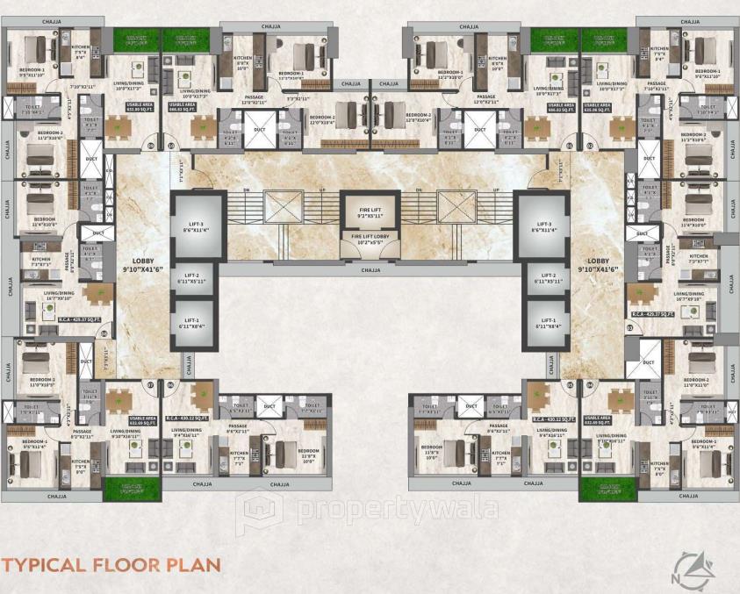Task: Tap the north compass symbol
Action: point(693,566)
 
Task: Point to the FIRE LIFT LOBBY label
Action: point(370,238)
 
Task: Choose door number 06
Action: point(170,384)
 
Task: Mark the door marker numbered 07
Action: point(150,384)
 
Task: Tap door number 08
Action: point(104,333)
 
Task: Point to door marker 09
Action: point(150,145)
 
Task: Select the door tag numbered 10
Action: point(170,145)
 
